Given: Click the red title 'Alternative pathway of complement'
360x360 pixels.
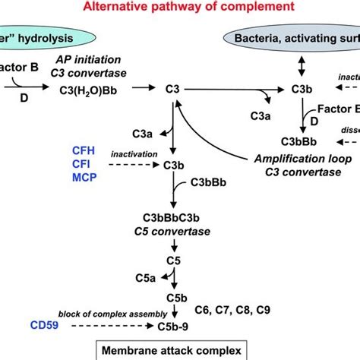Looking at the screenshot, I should pyautogui.click(x=179, y=8).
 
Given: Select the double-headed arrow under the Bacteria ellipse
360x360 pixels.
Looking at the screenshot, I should pyautogui.click(x=305, y=65).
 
